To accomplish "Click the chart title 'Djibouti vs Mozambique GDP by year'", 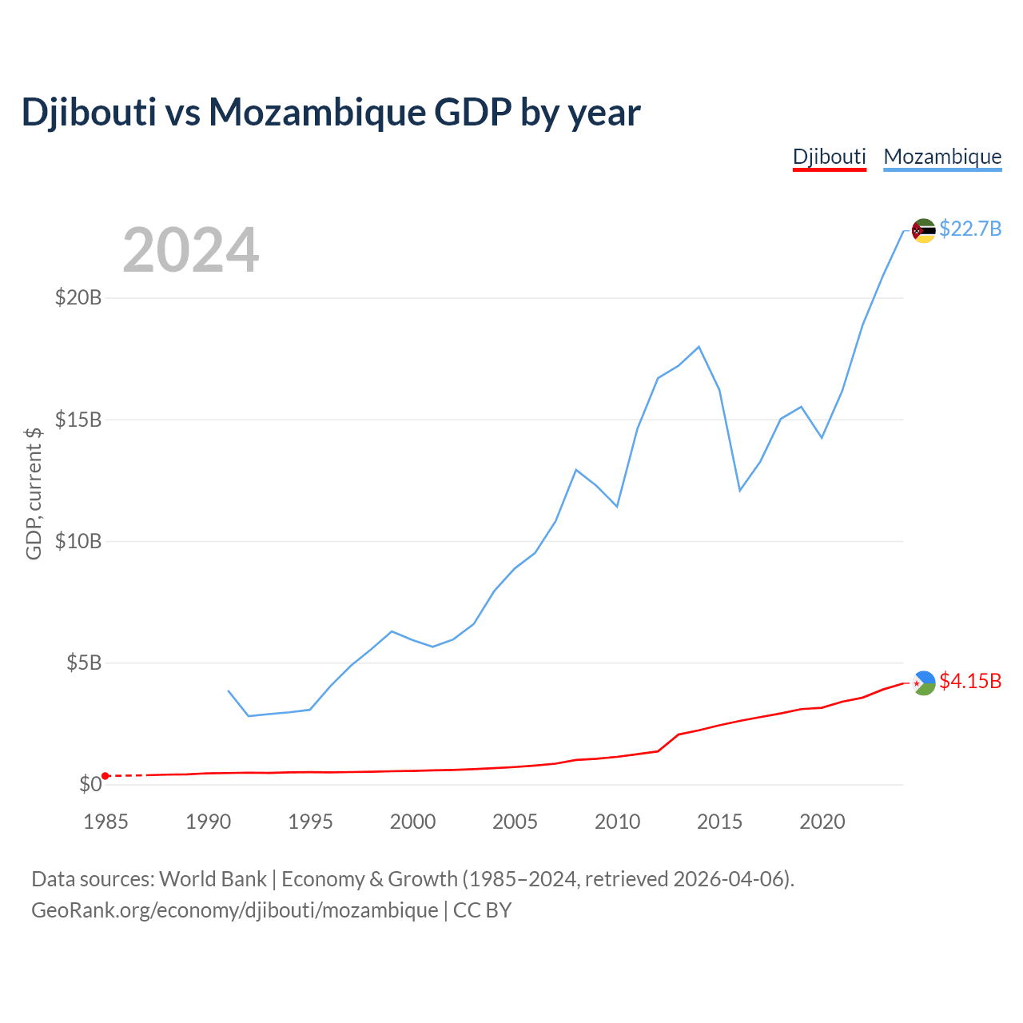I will click(x=331, y=113).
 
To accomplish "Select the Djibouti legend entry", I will click(x=829, y=157).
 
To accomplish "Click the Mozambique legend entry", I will click(x=942, y=157).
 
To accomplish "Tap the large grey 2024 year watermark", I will click(x=190, y=250).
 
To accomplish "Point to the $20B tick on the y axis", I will click(x=78, y=298).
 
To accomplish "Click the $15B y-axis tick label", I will click(x=78, y=420).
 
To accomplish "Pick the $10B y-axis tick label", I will click(x=78, y=541).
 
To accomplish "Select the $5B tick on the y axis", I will click(x=84, y=663).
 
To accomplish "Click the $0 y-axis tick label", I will click(x=90, y=784).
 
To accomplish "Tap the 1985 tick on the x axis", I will click(x=105, y=822).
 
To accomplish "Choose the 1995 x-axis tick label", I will click(x=310, y=822).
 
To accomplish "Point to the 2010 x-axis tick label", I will click(x=617, y=822).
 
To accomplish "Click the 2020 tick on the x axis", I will click(x=822, y=822).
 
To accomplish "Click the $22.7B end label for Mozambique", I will click(x=970, y=229).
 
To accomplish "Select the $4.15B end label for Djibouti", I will click(x=970, y=682).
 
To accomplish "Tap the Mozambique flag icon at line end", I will click(x=923, y=231).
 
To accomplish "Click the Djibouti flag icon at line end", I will click(x=923, y=683).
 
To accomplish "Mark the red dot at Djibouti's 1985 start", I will click(x=105, y=776).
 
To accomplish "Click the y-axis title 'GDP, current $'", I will click(x=34, y=493).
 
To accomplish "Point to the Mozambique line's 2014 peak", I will click(x=699, y=347).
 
